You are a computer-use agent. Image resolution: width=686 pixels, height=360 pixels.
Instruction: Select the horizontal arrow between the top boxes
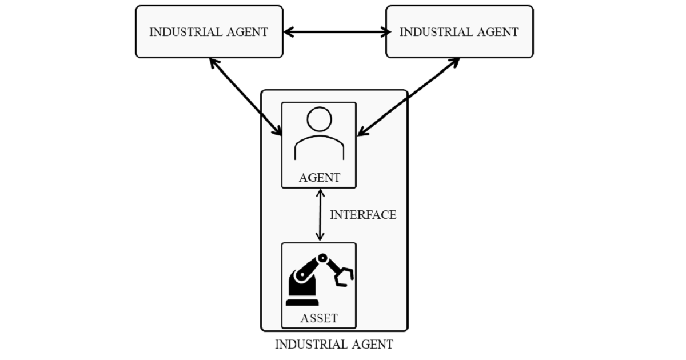point(334,32)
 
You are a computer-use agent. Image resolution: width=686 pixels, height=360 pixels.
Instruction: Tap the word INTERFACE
point(363,215)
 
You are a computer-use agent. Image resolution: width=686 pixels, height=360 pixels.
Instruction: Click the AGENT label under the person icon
point(319,178)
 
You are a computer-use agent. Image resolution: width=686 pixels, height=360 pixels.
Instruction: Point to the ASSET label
point(319,318)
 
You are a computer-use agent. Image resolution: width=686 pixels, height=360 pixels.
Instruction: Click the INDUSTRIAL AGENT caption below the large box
point(334,345)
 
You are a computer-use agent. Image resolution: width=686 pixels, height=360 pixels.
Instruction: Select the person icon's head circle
point(319,119)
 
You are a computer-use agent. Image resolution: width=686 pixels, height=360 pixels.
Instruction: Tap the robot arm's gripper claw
point(344,275)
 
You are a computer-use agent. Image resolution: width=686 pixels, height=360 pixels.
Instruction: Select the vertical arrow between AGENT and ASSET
point(320,215)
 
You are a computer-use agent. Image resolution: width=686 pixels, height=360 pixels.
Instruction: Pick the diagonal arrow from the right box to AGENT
point(409,96)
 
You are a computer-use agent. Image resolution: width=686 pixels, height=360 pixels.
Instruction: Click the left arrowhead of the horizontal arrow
point(288,32)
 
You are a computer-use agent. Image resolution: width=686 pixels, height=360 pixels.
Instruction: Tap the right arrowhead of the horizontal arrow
point(382,32)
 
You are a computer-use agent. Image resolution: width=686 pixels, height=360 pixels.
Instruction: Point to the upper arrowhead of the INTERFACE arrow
point(320,193)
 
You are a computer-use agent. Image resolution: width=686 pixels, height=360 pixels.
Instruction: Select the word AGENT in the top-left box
point(246,32)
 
